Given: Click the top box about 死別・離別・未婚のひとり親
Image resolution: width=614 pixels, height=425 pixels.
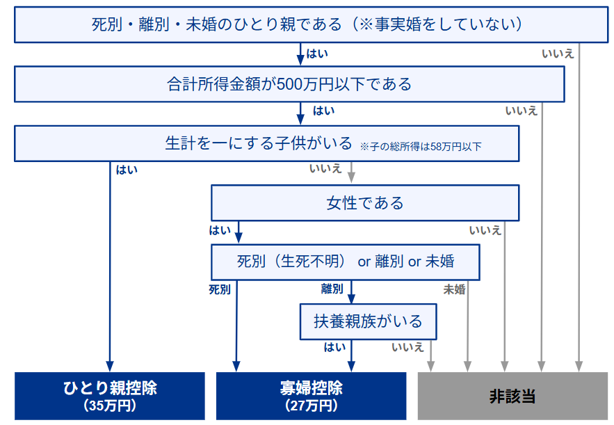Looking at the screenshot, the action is pyautogui.click(x=312, y=24).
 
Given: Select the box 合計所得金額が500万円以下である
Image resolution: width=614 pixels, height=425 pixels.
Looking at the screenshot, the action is pyautogui.click(x=289, y=84).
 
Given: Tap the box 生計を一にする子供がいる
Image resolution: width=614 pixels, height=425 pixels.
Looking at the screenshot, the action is pyautogui.click(x=266, y=143).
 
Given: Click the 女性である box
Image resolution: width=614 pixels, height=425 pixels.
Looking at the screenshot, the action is pyautogui.click(x=365, y=203).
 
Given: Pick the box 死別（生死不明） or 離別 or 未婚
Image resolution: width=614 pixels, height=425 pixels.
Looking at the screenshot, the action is pyautogui.click(x=346, y=262).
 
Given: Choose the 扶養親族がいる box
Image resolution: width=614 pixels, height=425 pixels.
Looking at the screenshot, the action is pyautogui.click(x=368, y=321).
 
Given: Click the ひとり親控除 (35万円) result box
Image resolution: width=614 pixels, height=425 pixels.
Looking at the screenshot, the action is pyautogui.click(x=110, y=396).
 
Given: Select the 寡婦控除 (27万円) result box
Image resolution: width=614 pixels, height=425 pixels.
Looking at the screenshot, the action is pyautogui.click(x=312, y=396).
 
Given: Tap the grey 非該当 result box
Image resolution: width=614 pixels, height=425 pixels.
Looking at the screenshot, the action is pyautogui.click(x=512, y=396).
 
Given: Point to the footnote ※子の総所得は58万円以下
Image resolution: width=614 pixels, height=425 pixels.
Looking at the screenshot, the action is pyautogui.click(x=421, y=147).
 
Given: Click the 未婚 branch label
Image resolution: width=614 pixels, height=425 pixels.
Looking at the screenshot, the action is pyautogui.click(x=454, y=289).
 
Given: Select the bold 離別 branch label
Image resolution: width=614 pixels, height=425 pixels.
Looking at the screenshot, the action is pyautogui.click(x=332, y=289).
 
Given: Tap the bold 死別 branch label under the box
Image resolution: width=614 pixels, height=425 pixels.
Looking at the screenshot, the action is pyautogui.click(x=220, y=289).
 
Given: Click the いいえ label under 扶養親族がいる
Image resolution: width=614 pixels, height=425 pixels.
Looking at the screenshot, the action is pyautogui.click(x=407, y=347).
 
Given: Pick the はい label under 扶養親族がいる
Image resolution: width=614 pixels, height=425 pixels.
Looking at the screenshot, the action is pyautogui.click(x=334, y=347).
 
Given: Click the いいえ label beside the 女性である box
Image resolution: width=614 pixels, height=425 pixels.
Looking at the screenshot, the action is pyautogui.click(x=485, y=230).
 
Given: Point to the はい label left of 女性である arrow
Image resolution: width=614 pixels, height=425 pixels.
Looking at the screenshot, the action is pyautogui.click(x=220, y=230).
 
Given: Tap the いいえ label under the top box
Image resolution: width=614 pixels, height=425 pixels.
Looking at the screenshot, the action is pyautogui.click(x=558, y=54).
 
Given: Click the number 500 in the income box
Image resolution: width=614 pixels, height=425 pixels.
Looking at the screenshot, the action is pyautogui.click(x=291, y=84).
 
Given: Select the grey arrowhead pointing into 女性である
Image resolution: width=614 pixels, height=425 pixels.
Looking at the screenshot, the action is pyautogui.click(x=351, y=177).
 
